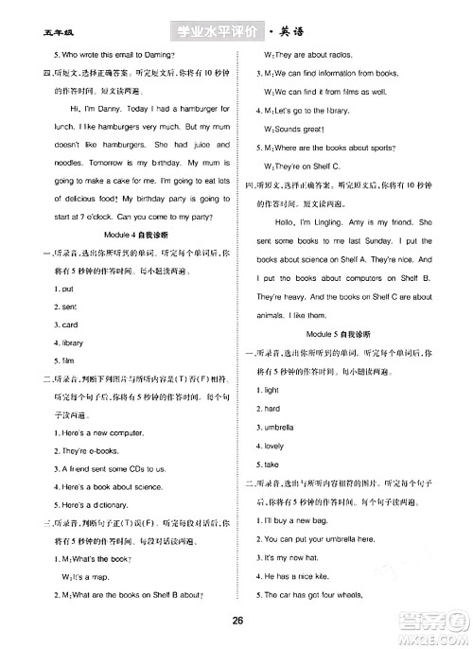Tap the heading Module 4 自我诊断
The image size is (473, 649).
122,234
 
